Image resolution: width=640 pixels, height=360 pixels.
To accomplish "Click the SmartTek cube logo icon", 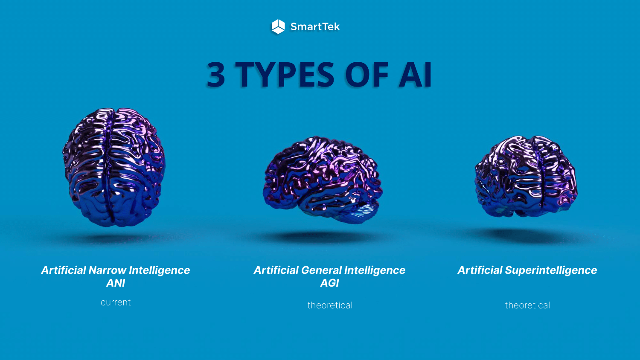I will point(278,26).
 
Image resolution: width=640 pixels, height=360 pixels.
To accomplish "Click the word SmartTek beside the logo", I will point(315,27).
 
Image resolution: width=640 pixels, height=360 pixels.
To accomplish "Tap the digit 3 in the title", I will point(216,75).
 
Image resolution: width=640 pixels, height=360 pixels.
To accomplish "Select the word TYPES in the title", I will point(285,75).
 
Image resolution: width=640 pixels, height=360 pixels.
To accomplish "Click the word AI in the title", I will point(415,75).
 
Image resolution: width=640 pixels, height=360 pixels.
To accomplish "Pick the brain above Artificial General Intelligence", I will point(322,179).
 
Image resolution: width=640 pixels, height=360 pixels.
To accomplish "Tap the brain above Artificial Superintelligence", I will point(526,176).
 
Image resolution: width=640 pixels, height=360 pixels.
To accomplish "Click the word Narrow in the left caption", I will point(107,270).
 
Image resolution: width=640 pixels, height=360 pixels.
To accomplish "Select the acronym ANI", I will point(116,283).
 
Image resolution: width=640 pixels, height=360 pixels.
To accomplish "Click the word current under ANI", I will point(116,302).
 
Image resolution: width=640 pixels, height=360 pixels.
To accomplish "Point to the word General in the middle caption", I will point(321,270).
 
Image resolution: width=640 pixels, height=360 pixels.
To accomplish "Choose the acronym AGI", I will point(329,283).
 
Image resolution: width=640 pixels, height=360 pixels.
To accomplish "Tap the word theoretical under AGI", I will point(330,305).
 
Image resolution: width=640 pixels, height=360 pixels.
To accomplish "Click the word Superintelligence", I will point(551,270).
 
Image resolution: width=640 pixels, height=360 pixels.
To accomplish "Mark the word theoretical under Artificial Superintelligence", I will point(527,305).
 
